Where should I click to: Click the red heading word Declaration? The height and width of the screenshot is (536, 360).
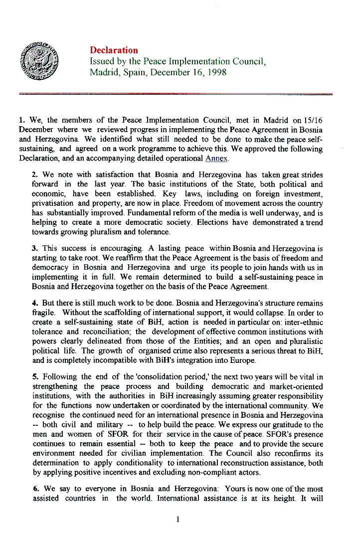point(114,50)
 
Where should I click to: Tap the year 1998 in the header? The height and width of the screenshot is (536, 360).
point(216,72)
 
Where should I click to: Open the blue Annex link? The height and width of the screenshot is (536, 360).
point(216,159)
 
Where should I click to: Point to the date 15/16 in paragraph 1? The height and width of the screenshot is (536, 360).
point(314,120)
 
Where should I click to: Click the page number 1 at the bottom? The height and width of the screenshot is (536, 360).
point(178,520)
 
